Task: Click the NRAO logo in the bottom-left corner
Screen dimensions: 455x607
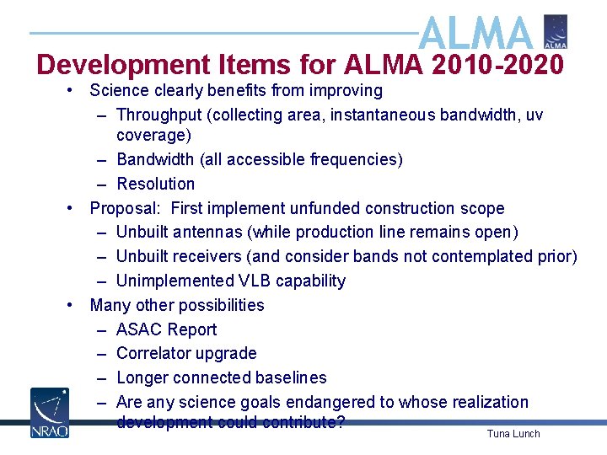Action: pyautogui.click(x=49, y=412)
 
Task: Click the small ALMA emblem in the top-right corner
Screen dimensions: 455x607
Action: pyautogui.click(x=556, y=31)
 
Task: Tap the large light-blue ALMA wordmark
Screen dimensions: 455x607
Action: pyautogui.click(x=475, y=34)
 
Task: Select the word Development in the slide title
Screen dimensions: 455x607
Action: pyautogui.click(x=123, y=65)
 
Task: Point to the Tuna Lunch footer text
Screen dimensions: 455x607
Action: pyautogui.click(x=513, y=434)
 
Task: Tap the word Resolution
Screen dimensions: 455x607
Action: pyautogui.click(x=155, y=184)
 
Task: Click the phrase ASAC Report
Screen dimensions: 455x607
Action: pyautogui.click(x=166, y=329)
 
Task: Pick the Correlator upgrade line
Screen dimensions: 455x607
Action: pyautogui.click(x=186, y=353)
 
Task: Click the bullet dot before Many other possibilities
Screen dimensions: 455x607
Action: pyautogui.click(x=73, y=305)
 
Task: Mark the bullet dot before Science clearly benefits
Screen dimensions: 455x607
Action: pyautogui.click(x=73, y=90)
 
